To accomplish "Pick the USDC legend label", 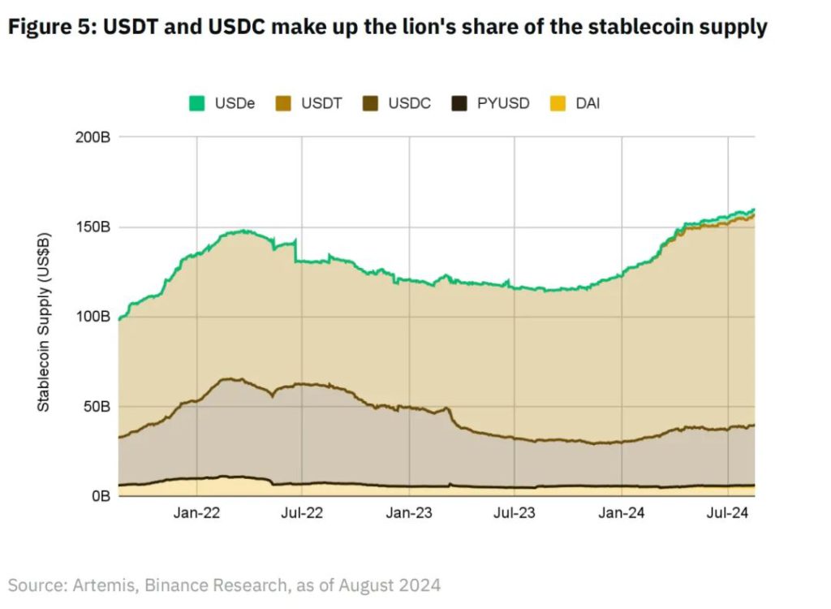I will [409, 103].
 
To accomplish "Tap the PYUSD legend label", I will [502, 103].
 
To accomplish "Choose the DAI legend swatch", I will [556, 103].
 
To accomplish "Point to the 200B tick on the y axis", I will [93, 137].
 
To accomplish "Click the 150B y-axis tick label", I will [93, 227].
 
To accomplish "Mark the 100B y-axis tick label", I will [93, 316].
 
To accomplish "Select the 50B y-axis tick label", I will [97, 406].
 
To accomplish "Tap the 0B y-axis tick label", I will [100, 495].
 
